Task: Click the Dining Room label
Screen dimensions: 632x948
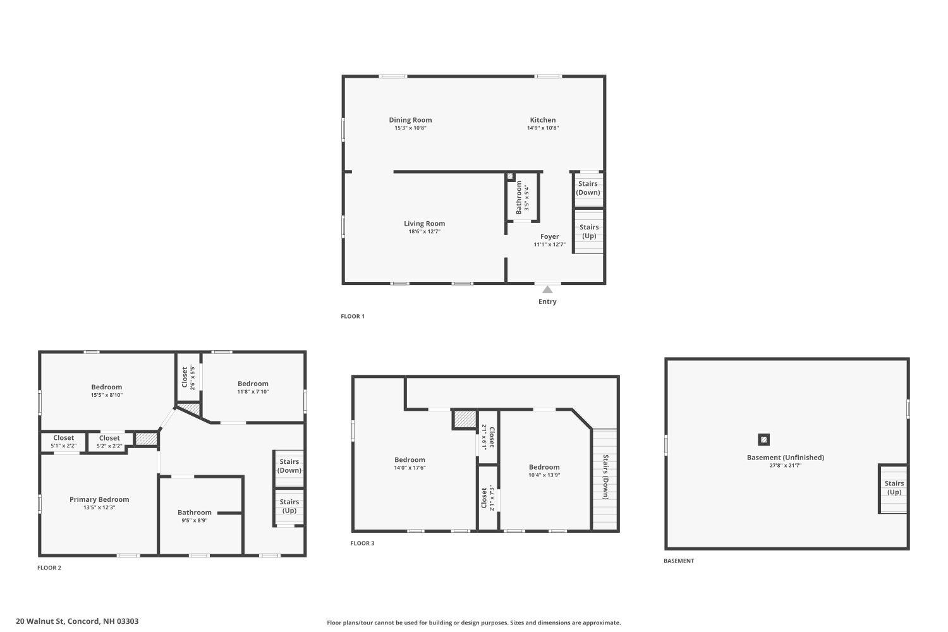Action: pyautogui.click(x=410, y=120)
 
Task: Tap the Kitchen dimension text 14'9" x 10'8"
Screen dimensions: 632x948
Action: pyautogui.click(x=543, y=128)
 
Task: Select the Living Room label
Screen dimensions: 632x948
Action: pyautogui.click(x=424, y=224)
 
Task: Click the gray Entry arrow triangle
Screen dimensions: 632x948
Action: pyautogui.click(x=547, y=289)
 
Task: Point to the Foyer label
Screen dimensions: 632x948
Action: pyautogui.click(x=549, y=237)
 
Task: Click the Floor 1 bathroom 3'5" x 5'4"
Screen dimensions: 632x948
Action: pyautogui.click(x=522, y=198)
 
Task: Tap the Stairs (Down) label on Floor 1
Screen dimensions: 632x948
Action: pyautogui.click(x=588, y=188)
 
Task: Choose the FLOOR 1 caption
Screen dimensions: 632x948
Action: pyautogui.click(x=353, y=317)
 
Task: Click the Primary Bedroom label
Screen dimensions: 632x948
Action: pyautogui.click(x=99, y=499)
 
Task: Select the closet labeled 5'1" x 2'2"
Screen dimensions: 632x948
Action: pyautogui.click(x=63, y=441)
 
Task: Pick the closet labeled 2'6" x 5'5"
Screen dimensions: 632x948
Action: pyautogui.click(x=188, y=377)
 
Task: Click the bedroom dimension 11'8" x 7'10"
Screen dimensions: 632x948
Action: pyautogui.click(x=253, y=392)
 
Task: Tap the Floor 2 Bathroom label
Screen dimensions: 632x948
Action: pyautogui.click(x=194, y=513)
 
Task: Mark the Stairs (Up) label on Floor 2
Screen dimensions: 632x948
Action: pyautogui.click(x=289, y=506)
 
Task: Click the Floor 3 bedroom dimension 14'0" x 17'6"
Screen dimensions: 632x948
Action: pyautogui.click(x=410, y=468)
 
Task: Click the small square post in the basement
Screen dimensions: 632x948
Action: pyautogui.click(x=764, y=439)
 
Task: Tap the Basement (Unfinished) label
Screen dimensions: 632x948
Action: pyautogui.click(x=785, y=458)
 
